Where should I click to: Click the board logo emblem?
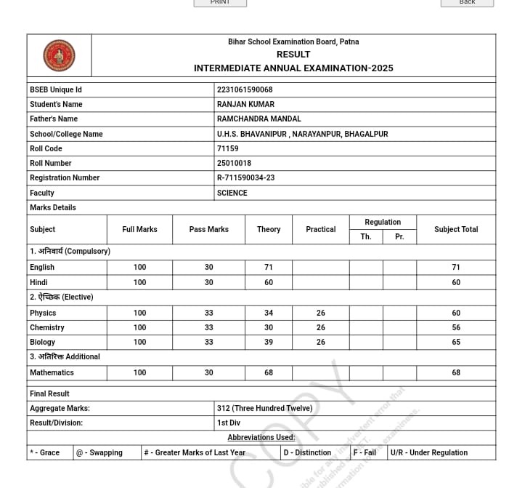click(x=59, y=55)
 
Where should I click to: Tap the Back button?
click(x=467, y=3)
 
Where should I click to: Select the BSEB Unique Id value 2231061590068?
click(x=245, y=89)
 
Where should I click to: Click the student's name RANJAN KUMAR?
click(x=246, y=104)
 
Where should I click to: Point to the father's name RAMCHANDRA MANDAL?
click(x=258, y=119)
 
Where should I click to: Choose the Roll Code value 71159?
click(x=228, y=148)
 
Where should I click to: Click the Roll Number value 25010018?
click(x=234, y=163)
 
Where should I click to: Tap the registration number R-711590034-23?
click(x=245, y=177)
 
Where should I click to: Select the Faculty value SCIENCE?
click(x=232, y=193)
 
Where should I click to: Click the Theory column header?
click(x=269, y=229)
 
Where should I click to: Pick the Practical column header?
click(x=320, y=229)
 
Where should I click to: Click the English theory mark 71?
click(x=269, y=267)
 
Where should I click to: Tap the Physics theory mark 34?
click(x=269, y=313)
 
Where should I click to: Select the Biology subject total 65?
click(x=456, y=342)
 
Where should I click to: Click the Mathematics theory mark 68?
click(x=269, y=372)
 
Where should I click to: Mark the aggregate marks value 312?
click(x=264, y=408)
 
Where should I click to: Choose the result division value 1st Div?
click(x=229, y=423)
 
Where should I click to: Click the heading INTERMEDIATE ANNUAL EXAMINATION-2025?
click(x=293, y=68)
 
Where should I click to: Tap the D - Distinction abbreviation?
click(x=307, y=452)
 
